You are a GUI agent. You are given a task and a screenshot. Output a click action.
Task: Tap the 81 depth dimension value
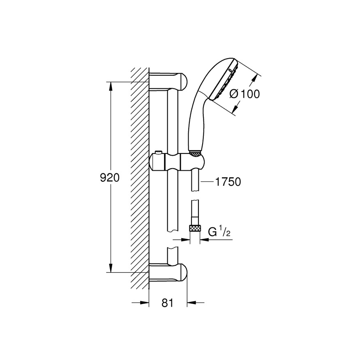coord(167,303)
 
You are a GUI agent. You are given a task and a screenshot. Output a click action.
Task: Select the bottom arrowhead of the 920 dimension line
coord(110,269)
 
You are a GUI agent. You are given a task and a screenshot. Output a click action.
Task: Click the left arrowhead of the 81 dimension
coord(145,303)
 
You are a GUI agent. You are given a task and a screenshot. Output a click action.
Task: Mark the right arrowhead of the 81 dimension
coord(190,303)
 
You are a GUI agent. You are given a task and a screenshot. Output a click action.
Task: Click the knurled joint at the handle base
coord(196,153)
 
